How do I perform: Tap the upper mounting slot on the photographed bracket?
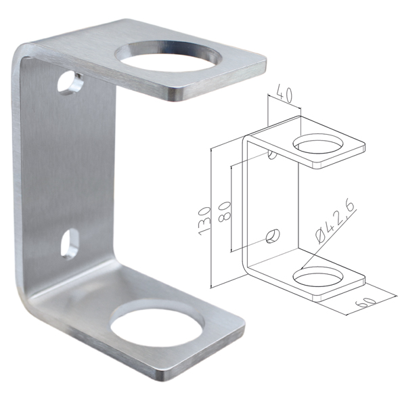click(x=70, y=83)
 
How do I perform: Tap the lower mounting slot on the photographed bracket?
click(x=70, y=244)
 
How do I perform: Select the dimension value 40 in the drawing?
click(x=285, y=93)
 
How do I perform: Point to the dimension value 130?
click(x=204, y=221)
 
